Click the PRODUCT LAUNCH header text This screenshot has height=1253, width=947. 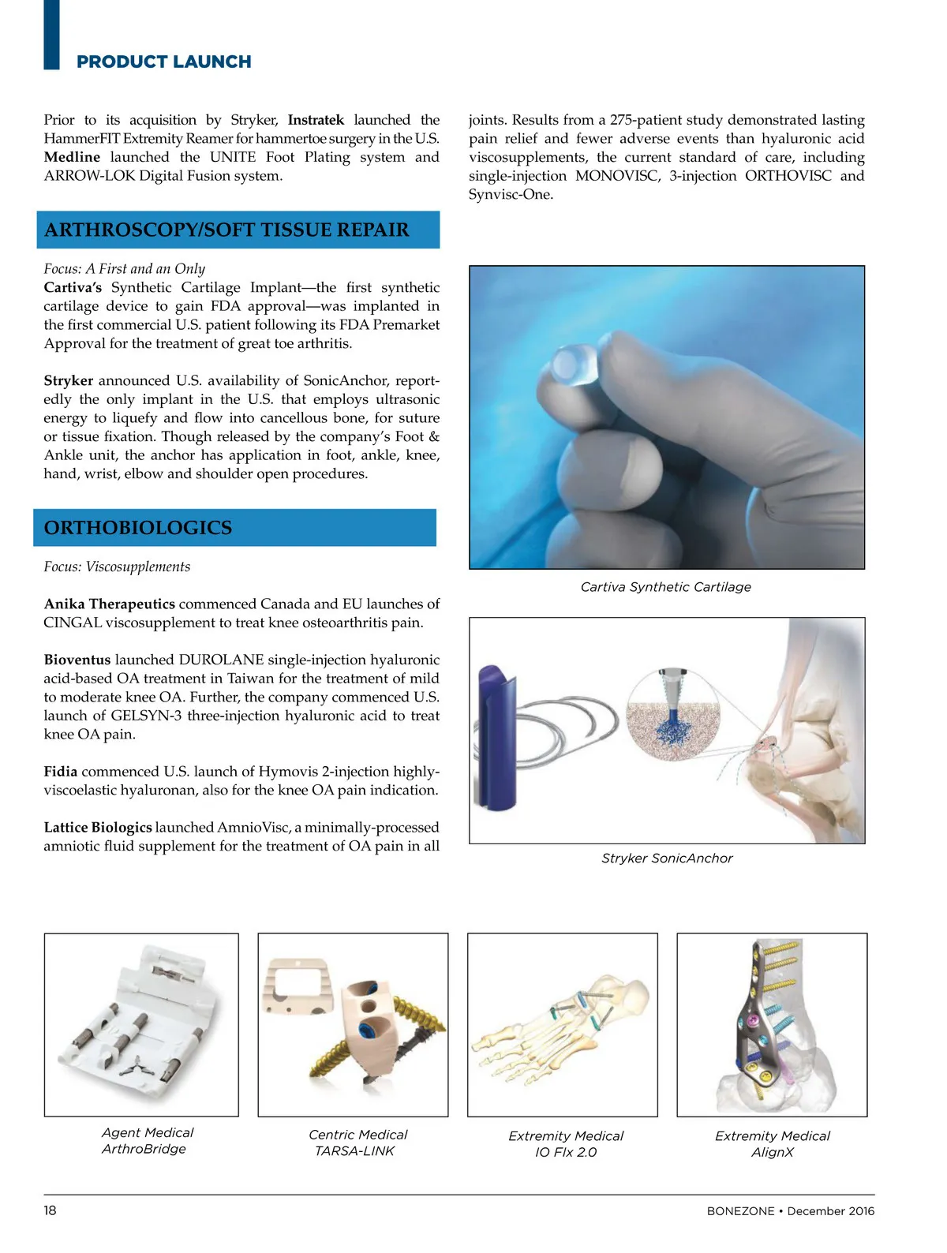(x=163, y=62)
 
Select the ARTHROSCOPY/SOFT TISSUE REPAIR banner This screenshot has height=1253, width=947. (x=238, y=230)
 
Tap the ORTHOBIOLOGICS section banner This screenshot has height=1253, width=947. (x=234, y=528)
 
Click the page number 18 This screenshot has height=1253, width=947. (x=50, y=1210)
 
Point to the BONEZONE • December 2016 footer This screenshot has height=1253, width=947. (x=790, y=1211)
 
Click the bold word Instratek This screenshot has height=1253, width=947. (x=316, y=120)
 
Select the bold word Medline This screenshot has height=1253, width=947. (x=72, y=157)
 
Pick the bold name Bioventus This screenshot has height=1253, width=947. (x=77, y=660)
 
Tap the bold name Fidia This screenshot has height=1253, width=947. (x=61, y=772)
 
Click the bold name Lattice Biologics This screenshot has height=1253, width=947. (x=98, y=828)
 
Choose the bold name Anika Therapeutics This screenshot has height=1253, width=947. (x=110, y=604)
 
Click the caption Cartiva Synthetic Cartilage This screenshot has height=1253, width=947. (x=665, y=587)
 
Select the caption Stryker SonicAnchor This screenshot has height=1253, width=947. (x=667, y=858)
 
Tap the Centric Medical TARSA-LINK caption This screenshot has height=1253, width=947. (x=357, y=1143)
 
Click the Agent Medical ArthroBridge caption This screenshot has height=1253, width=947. (x=147, y=1141)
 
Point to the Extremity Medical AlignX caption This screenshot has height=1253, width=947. (x=772, y=1144)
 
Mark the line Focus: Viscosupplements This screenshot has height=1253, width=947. (x=117, y=567)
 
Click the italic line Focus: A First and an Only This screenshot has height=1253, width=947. (x=124, y=269)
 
